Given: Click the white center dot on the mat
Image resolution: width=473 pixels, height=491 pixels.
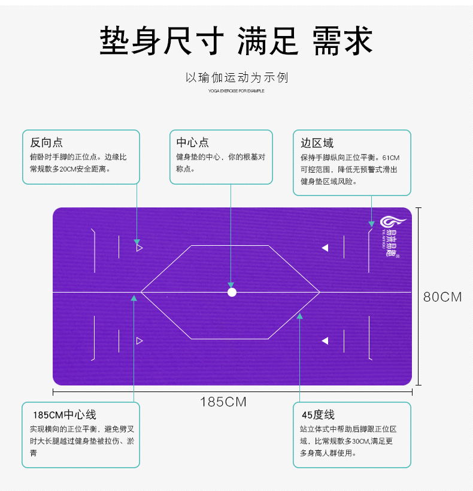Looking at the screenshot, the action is point(232,292).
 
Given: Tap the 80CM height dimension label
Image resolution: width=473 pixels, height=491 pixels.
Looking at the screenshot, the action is point(442,297).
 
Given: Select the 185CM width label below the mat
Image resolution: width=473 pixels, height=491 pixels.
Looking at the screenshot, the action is point(223,402).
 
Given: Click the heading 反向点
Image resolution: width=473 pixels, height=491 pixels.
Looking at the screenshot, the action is point(46,143).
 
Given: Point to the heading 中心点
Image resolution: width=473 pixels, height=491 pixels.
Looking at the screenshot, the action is point(192,143).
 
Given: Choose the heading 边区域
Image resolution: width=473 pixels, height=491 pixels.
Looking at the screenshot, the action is point(317,143).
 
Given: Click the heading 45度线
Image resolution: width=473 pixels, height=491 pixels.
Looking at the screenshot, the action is point(318,415).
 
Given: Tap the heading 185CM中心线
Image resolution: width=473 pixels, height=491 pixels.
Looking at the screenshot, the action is point(64,415).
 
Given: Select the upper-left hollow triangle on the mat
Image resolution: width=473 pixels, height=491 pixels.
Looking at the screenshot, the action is point(139,247).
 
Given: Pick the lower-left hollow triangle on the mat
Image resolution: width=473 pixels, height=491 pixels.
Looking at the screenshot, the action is point(139,341).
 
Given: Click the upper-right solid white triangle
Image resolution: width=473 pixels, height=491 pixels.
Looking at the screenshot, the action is point(325,247).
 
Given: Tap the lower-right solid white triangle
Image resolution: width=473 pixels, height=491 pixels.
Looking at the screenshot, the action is point(325,341).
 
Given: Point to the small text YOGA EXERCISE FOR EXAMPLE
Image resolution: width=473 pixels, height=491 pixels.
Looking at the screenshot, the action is point(236,91).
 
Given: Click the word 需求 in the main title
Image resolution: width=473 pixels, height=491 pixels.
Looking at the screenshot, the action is point(342,41).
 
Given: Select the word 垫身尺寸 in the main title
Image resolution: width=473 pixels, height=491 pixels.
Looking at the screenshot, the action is point(162,41).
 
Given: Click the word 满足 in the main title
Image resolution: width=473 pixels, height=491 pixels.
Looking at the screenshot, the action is point(268,41).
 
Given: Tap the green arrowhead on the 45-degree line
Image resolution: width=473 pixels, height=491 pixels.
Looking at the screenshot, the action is point(299,316).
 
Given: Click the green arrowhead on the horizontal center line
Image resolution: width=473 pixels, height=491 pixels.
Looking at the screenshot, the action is point(134,297).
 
